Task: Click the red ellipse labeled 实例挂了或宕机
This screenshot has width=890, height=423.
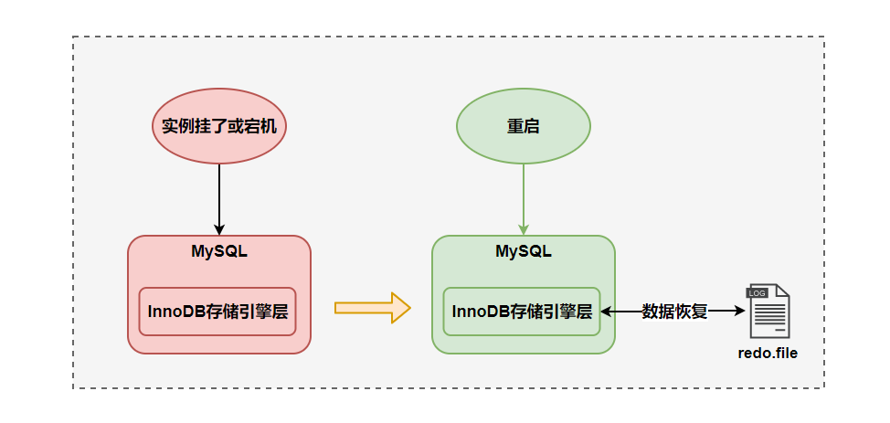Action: point(219,126)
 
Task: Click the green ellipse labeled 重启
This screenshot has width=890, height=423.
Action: point(523,126)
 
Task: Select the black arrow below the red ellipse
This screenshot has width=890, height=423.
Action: point(219,196)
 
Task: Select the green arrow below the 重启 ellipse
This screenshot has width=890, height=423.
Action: point(523,196)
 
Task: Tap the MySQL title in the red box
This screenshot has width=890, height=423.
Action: point(219,251)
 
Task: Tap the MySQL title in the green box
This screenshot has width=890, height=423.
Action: point(523,251)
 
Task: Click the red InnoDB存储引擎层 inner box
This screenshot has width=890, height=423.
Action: point(217,311)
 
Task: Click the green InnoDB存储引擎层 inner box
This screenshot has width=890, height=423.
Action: point(522,311)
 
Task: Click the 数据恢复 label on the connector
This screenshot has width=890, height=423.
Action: point(674,311)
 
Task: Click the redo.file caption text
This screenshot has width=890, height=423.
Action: point(768,352)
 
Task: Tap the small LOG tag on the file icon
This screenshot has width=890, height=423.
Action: point(757,292)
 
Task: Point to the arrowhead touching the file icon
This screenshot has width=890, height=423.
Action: point(741,311)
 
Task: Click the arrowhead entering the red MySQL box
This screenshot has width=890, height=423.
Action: point(219,229)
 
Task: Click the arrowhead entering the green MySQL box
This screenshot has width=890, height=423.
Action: point(523,229)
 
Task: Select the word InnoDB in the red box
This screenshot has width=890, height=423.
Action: point(176,311)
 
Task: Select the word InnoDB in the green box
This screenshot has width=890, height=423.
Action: point(481,311)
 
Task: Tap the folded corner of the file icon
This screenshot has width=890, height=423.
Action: point(783,291)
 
